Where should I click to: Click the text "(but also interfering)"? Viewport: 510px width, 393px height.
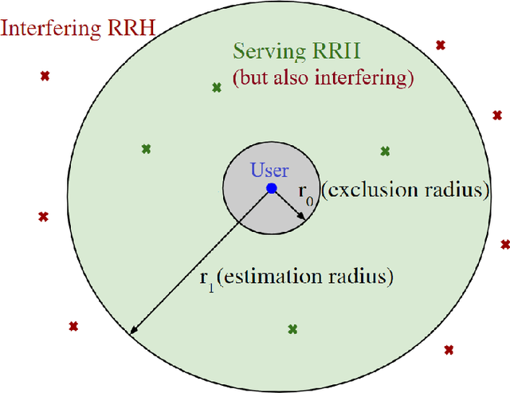(x=323, y=79)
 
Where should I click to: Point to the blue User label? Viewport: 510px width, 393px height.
(x=270, y=170)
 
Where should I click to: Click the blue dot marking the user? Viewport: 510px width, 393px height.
(x=272, y=188)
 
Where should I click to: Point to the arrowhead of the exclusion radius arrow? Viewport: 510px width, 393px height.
(x=301, y=219)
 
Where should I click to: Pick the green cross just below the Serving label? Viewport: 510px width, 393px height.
(x=216, y=87)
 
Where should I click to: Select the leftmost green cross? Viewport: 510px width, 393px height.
(x=146, y=147)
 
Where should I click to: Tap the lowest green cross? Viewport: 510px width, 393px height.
(x=292, y=328)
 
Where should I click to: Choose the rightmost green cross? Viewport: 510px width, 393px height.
(x=385, y=151)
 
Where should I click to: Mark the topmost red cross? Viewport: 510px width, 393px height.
(x=440, y=44)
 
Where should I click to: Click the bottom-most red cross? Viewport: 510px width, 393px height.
(x=449, y=349)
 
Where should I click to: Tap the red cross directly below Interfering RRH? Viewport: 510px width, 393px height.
(x=45, y=77)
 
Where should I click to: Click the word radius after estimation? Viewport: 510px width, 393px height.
(x=363, y=277)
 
